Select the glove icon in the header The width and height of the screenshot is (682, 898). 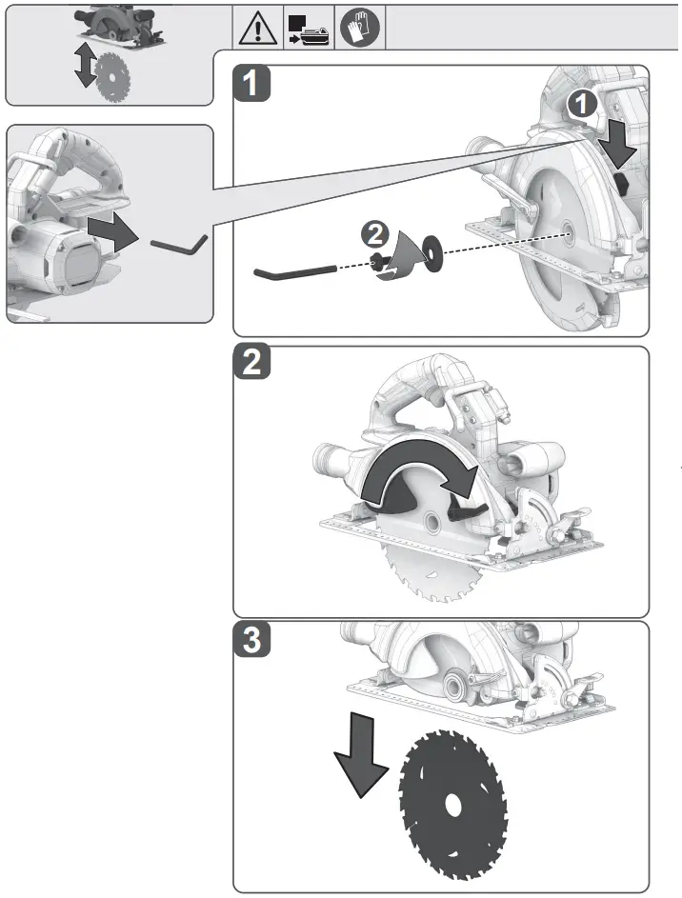361,30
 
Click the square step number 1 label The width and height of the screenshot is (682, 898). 251,83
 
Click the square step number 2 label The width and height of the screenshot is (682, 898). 251,364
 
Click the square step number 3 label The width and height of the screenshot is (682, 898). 251,640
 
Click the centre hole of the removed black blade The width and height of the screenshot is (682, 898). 452,805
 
